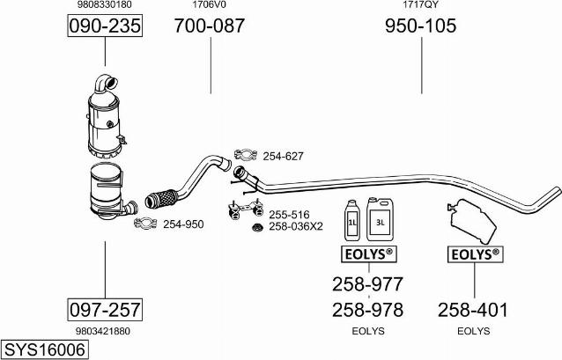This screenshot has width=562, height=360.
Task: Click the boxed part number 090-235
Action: point(105,26)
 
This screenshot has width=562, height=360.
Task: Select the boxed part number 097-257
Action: point(105,310)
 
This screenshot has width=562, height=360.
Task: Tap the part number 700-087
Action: point(210,26)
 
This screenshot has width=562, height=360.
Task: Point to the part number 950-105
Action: point(421,26)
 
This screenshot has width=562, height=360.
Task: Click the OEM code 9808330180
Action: point(105,4)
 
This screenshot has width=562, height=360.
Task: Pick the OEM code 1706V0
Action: point(210,4)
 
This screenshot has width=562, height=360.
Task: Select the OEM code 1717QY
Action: point(420,4)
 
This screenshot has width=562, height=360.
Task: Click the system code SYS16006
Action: point(44,349)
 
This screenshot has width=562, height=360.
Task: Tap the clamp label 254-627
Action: point(283,156)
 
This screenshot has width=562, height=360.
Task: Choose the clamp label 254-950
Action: point(183,224)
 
